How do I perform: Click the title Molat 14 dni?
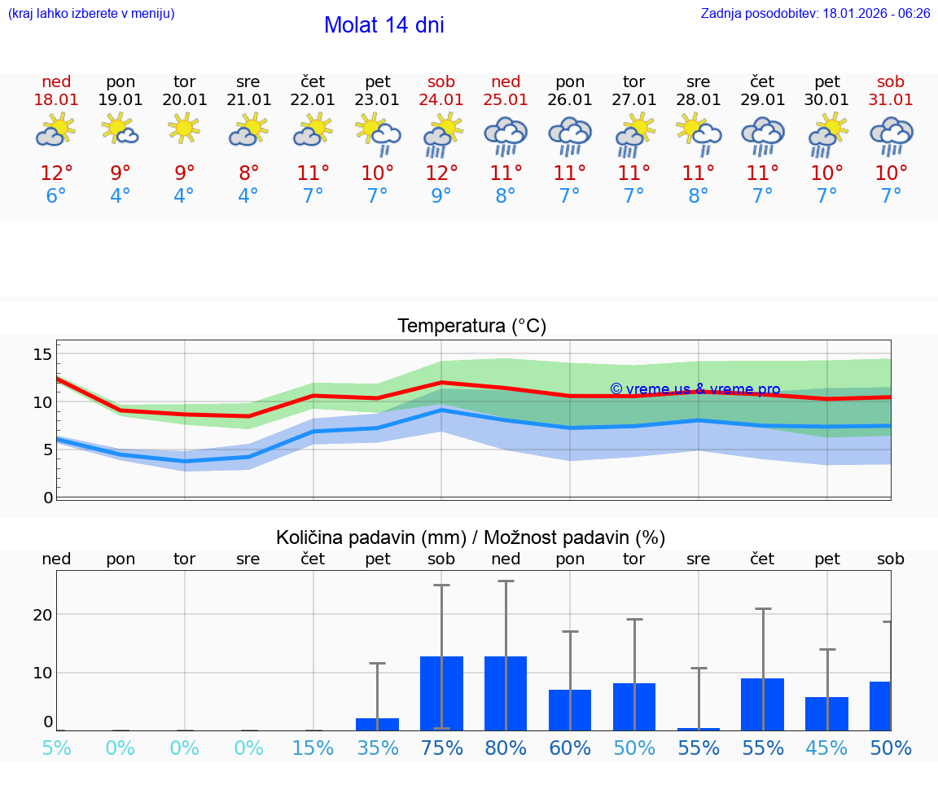tap(384, 25)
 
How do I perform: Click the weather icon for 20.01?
tap(185, 129)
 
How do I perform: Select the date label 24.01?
tap(441, 100)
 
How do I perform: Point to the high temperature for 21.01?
tap(248, 173)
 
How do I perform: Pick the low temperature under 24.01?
tap(441, 196)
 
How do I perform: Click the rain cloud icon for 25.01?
tap(506, 135)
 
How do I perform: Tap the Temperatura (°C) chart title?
tap(471, 327)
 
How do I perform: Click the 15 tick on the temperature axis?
tap(43, 353)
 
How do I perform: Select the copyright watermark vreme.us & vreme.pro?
tap(695, 389)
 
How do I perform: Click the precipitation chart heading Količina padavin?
tap(471, 537)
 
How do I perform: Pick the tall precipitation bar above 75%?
tap(441, 693)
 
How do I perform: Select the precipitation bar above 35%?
tap(377, 724)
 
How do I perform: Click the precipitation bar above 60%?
tap(570, 710)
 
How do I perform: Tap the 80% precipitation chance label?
tap(506, 748)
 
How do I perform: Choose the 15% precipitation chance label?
tap(313, 748)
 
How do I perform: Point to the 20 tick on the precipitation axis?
tap(43, 615)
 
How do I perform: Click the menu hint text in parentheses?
tap(90, 14)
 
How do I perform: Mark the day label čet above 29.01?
tap(762, 81)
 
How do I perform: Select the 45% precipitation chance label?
tap(826, 748)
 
